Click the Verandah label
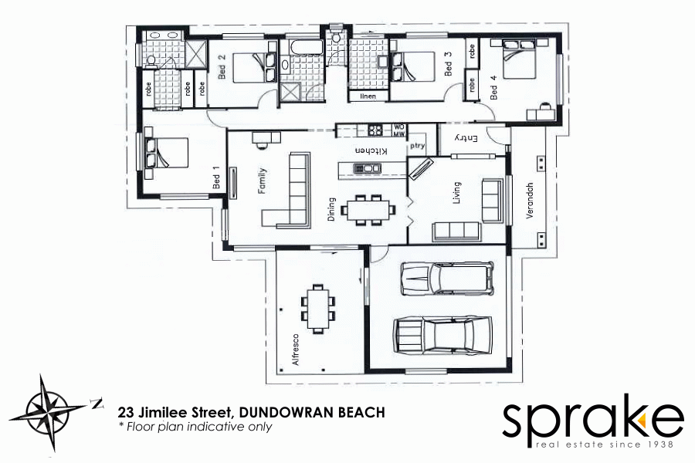pyautogui.click(x=530, y=201)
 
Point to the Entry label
pyautogui.click(x=467, y=137)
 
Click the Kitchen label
pyautogui.click(x=370, y=151)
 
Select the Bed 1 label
pyautogui.click(x=217, y=179)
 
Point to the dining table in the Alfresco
pyautogui.click(x=318, y=308)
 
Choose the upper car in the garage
pyautogui.click(x=446, y=279)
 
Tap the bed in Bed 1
pyautogui.click(x=165, y=152)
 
